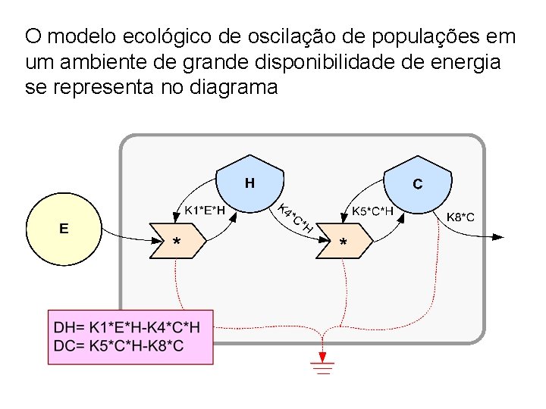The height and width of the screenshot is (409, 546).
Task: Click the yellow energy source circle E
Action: pyautogui.click(x=64, y=229)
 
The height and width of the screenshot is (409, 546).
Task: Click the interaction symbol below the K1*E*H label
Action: pyautogui.click(x=177, y=240)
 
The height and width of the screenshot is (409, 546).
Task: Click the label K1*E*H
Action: pyautogui.click(x=205, y=211)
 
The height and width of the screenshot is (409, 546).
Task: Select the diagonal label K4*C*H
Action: pyautogui.click(x=296, y=218)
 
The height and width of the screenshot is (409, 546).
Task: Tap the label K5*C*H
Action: pyautogui.click(x=372, y=211)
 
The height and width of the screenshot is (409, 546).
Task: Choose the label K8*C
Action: pyautogui.click(x=460, y=217)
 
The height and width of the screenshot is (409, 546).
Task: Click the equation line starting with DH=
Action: pyautogui.click(x=127, y=329)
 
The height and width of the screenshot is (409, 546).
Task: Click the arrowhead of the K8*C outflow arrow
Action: pyautogui.click(x=497, y=236)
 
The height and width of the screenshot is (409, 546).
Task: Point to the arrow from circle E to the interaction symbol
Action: pyautogui.click(x=125, y=233)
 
